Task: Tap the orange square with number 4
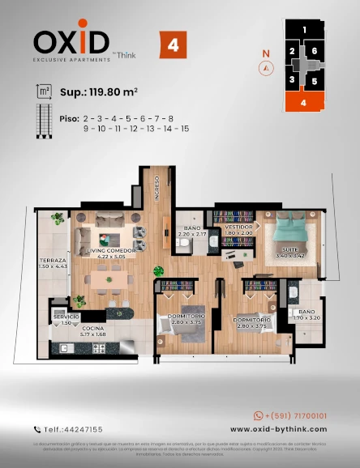tap(174, 45)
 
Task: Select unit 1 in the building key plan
tap(303, 30)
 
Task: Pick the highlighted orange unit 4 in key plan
tap(303, 103)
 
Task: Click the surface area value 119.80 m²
tap(101, 93)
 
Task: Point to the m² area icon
tap(43, 92)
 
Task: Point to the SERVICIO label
tap(66, 317)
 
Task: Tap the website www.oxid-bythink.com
tap(278, 429)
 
